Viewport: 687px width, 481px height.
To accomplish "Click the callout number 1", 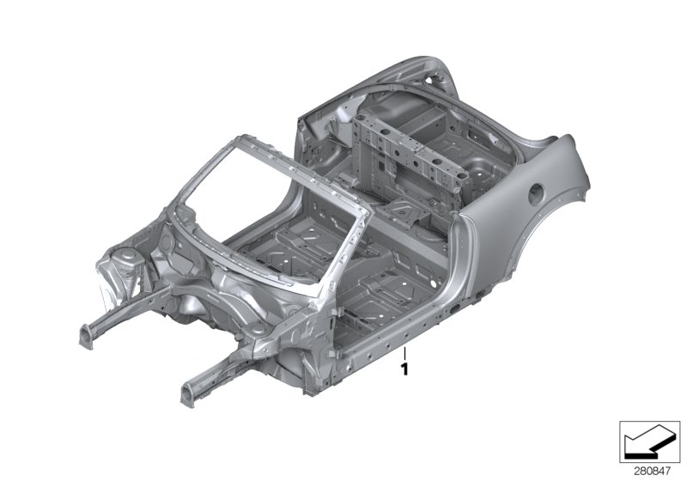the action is coord(404,368).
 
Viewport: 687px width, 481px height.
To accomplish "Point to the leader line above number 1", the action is coord(404,354).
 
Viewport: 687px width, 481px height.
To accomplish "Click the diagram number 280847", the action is coord(653,472).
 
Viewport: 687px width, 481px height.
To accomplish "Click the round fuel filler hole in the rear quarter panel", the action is coord(536,193).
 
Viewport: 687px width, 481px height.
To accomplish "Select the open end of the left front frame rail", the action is coord(86,337).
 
